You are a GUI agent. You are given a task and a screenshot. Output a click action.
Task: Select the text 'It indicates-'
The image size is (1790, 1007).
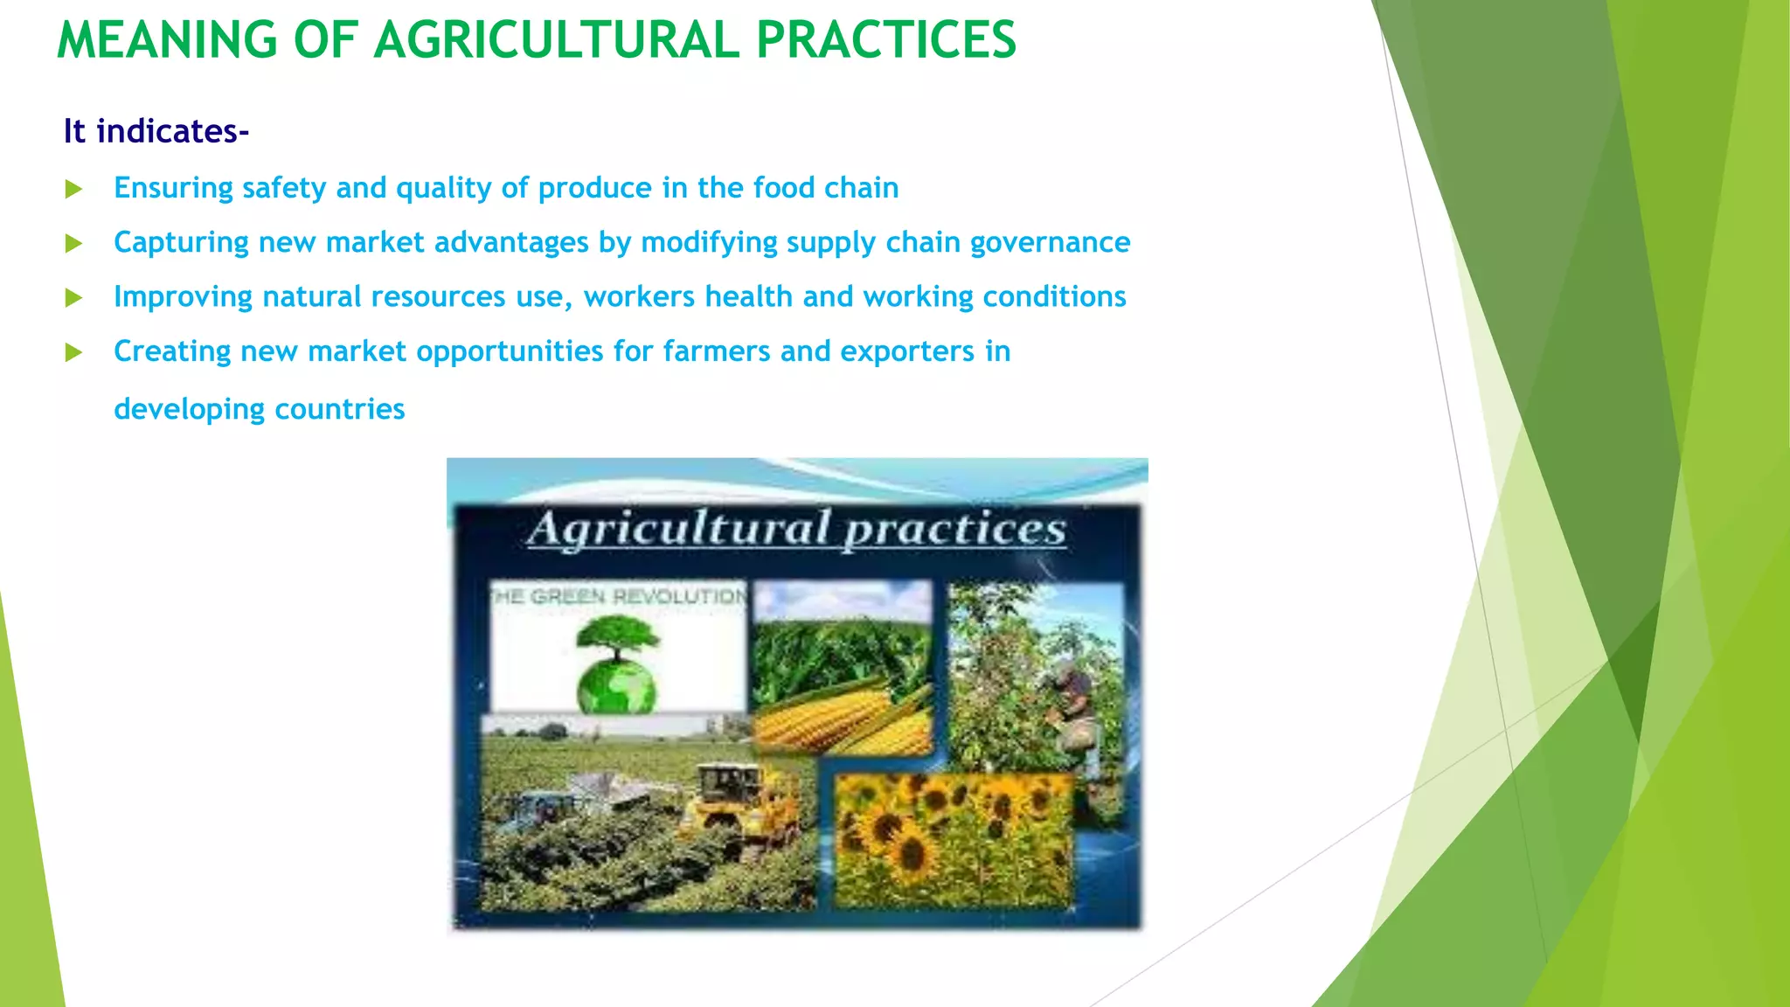click(156, 131)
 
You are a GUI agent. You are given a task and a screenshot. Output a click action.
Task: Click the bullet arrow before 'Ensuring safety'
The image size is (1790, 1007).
click(74, 189)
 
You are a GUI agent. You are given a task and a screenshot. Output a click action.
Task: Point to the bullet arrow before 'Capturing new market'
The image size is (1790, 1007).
click(74, 243)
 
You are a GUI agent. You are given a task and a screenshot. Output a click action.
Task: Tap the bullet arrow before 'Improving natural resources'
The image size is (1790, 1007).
click(74, 298)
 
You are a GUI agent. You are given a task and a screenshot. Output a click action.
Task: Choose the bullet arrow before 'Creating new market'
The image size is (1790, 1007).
click(74, 352)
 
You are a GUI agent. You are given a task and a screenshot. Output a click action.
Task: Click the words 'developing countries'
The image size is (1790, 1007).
click(260, 409)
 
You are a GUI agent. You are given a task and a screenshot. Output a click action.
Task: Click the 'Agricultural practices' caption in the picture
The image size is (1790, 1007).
click(796, 529)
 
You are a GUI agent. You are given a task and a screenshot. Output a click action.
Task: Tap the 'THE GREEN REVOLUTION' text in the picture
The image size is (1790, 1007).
click(619, 597)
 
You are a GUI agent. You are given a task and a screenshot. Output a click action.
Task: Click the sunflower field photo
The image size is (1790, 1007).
click(953, 839)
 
